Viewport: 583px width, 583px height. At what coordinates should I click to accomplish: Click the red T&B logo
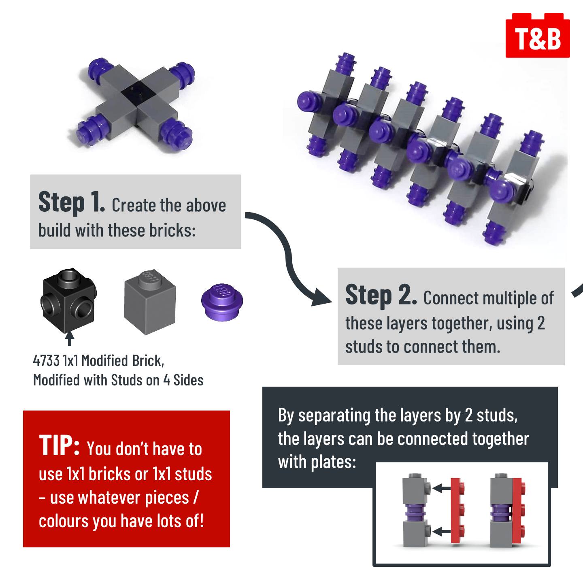click(538, 35)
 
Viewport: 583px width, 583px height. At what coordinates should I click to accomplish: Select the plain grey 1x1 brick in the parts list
click(150, 302)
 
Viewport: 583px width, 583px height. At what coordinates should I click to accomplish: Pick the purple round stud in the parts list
click(222, 302)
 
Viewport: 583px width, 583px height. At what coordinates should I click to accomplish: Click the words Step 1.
click(72, 202)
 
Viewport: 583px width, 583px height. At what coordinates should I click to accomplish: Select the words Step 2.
click(381, 295)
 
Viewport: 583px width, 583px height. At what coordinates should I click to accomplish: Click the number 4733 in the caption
click(46, 361)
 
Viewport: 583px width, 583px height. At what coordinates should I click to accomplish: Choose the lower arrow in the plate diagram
click(441, 531)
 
